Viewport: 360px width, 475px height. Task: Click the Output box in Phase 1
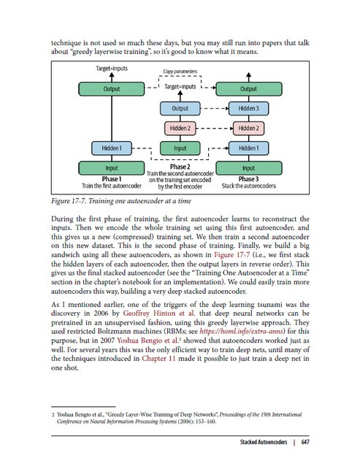click(112, 89)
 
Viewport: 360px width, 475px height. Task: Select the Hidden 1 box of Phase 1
click(112, 148)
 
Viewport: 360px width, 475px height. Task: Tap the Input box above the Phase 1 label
click(112, 168)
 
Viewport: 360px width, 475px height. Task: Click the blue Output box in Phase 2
click(180, 109)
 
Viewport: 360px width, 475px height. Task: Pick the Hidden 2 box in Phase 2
click(180, 129)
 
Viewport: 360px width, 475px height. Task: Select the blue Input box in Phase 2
click(180, 148)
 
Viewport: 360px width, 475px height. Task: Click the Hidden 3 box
click(248, 109)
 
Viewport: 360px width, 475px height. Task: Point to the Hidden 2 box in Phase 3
click(248, 129)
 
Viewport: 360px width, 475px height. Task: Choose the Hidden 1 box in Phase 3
click(248, 148)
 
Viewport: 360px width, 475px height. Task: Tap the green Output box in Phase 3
click(248, 89)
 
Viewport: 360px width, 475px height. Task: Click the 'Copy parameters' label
click(180, 73)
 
